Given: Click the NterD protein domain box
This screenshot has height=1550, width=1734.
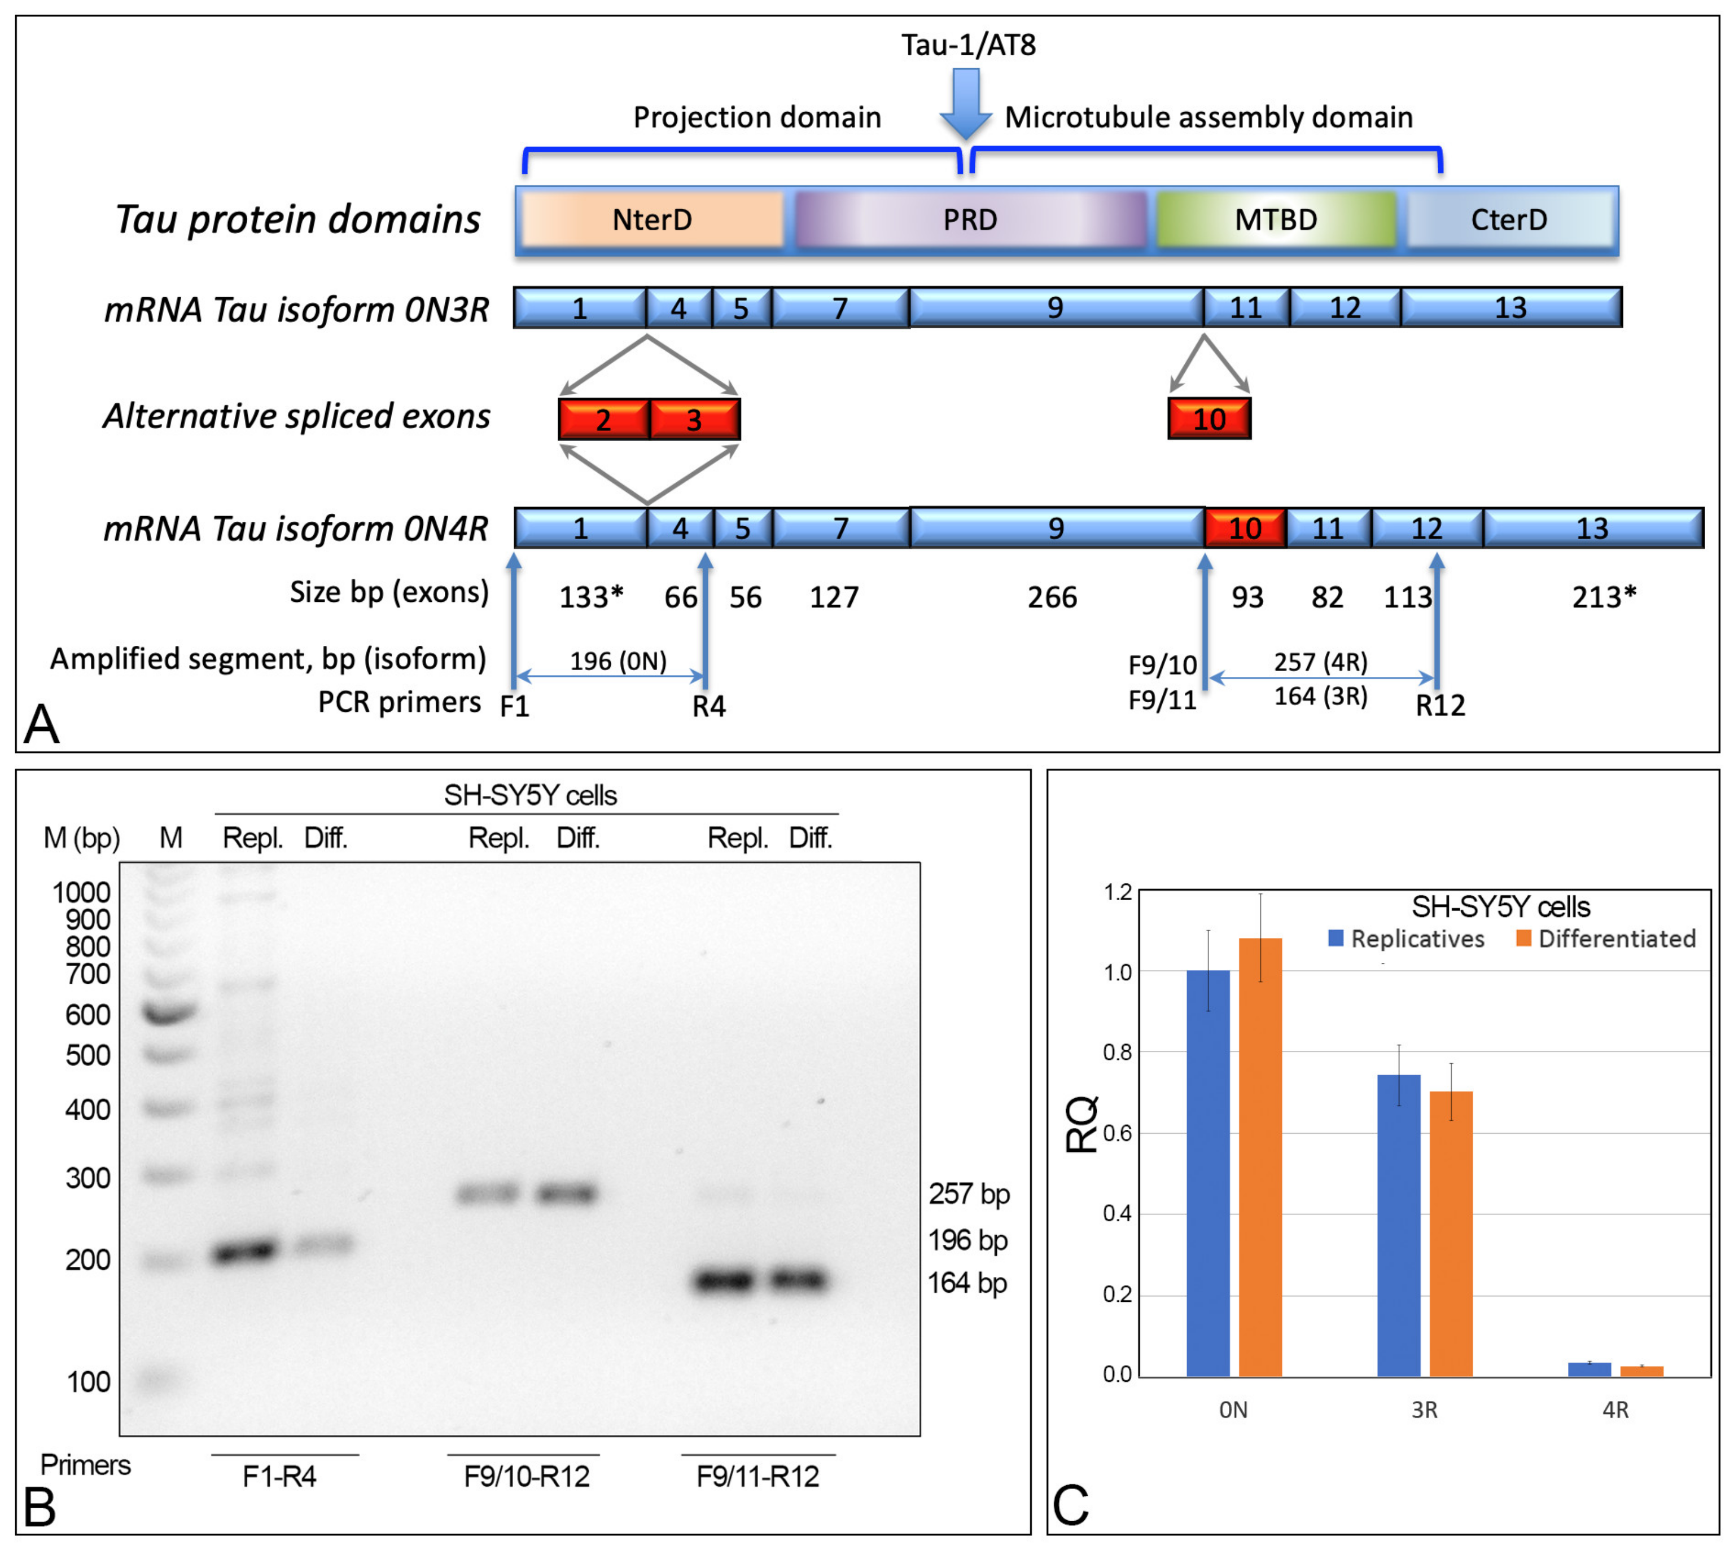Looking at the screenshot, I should [652, 220].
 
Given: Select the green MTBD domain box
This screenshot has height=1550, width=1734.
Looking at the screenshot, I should [1276, 220].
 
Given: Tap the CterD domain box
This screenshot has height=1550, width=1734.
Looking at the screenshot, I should [1509, 220].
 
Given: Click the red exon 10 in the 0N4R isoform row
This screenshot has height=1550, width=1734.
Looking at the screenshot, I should [1245, 528].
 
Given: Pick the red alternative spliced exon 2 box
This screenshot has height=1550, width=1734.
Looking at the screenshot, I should [603, 419].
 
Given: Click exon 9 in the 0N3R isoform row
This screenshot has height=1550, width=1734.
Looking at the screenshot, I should [1055, 307].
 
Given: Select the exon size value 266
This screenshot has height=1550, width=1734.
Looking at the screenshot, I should [1052, 597].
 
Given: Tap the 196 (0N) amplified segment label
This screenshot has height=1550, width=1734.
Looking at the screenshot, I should [618, 661].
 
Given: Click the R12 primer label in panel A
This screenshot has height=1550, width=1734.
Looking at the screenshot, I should [1440, 705].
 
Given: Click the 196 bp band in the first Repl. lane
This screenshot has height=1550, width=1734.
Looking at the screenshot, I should [246, 1251].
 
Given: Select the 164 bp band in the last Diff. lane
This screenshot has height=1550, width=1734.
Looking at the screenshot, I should [798, 1280].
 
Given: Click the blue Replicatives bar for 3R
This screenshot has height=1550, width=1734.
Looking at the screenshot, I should [1398, 1226].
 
